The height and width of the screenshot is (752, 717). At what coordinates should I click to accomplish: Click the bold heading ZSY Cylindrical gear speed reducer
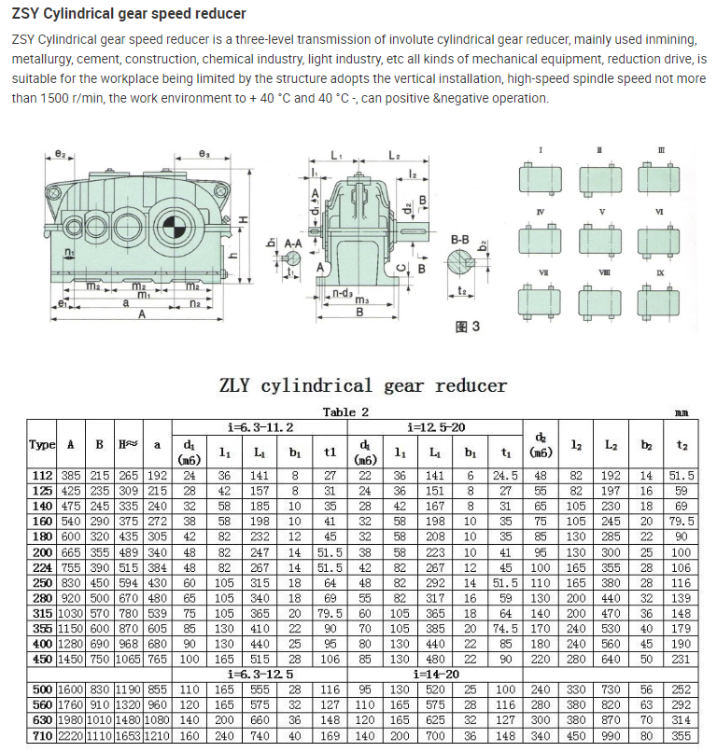[x=129, y=14]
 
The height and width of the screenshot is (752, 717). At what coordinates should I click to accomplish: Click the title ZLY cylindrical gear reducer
[x=362, y=385]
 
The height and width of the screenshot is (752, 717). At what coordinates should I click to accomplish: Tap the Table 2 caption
[x=345, y=411]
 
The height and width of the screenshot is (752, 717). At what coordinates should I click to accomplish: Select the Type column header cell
[x=42, y=445]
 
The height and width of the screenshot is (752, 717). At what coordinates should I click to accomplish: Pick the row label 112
[x=42, y=475]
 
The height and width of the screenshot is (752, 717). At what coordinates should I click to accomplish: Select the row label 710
[x=42, y=735]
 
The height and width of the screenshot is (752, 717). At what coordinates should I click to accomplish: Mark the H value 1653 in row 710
[x=129, y=735]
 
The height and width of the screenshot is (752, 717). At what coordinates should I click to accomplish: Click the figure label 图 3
[x=467, y=327]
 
